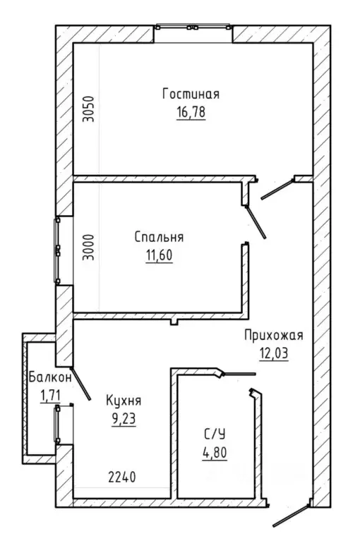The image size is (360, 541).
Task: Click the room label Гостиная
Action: (191, 94)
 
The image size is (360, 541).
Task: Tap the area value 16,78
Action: (191, 112)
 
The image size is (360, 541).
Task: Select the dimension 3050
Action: (89, 109)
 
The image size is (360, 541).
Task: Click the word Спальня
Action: (159, 237)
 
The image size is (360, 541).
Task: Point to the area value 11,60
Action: (159, 255)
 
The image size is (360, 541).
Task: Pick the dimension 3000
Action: (89, 247)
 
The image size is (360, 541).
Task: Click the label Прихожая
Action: (274, 335)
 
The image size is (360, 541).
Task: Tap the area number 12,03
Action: (274, 353)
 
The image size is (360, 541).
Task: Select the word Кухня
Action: (124, 401)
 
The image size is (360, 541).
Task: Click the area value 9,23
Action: (124, 419)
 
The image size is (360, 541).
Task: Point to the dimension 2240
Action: (122, 478)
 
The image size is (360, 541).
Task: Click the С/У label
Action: (215, 434)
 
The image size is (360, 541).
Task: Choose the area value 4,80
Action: (215, 453)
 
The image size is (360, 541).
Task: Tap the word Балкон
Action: (50, 377)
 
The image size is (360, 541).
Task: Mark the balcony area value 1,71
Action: (50, 396)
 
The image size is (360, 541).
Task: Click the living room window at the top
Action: (193, 27)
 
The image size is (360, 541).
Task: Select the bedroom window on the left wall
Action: (57, 251)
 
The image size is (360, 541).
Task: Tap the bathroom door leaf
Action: (239, 374)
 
